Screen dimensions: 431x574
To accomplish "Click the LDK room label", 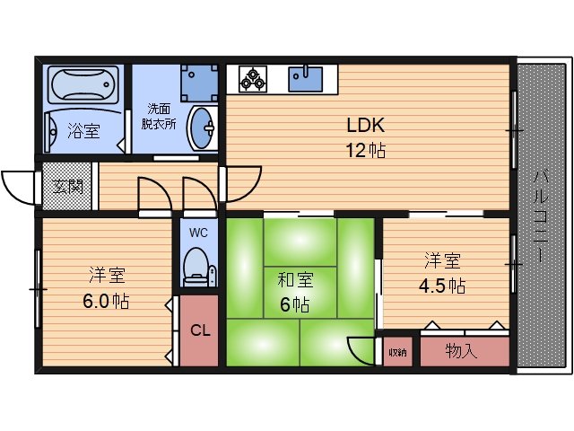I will click(366, 126).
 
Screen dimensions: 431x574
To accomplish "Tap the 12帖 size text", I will click(366, 151).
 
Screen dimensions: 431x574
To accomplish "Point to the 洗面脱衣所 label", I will click(161, 118).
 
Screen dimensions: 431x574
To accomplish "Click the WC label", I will click(198, 232).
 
